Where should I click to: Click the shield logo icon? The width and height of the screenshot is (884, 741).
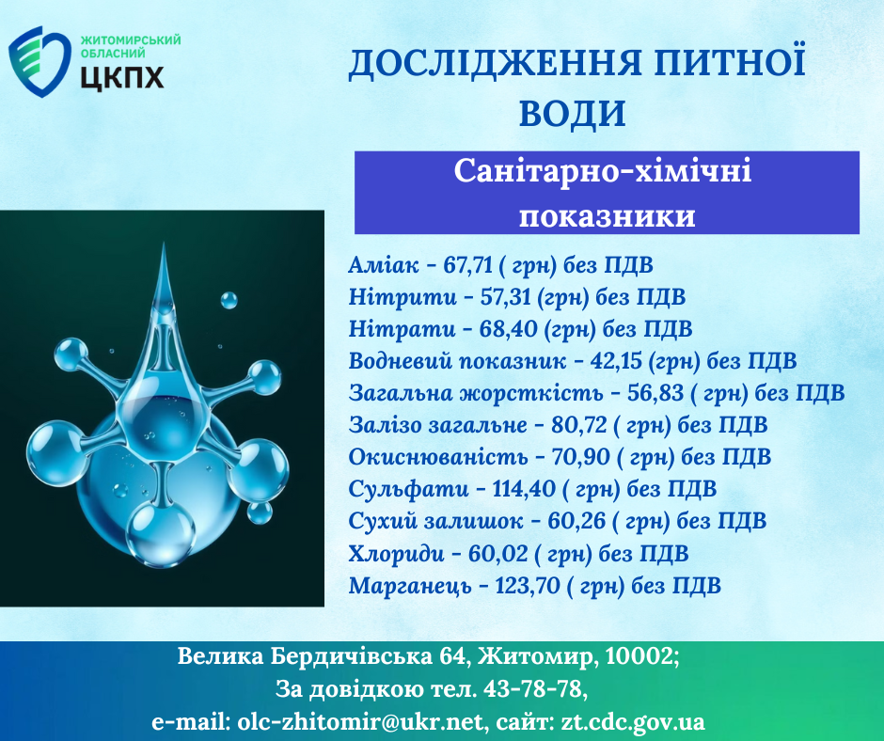(39, 62)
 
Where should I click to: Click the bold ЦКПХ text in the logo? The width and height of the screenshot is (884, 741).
(122, 77)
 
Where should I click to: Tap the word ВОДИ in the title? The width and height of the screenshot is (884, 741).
(572, 113)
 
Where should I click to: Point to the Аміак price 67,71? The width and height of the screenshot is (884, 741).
(468, 264)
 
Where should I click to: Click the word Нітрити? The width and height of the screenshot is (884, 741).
(403, 296)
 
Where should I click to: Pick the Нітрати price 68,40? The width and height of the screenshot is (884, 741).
(508, 329)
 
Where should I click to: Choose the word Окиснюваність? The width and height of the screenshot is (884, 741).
(438, 457)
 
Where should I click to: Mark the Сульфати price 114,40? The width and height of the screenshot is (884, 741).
(524, 489)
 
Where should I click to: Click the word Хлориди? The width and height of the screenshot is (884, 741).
(396, 554)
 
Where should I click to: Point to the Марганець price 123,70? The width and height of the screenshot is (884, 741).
(528, 586)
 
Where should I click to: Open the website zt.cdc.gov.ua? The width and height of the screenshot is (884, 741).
(632, 722)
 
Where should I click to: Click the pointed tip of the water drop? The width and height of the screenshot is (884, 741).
(164, 244)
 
